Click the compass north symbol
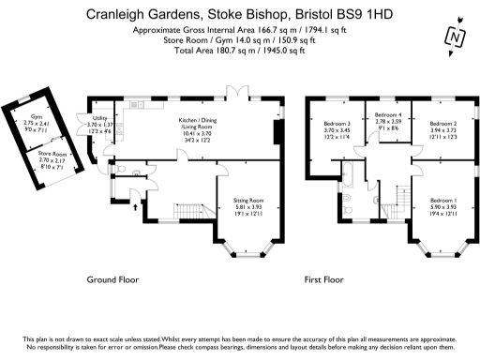click(x=457, y=37)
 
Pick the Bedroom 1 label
click(x=443, y=201)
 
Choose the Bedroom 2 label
click(x=442, y=124)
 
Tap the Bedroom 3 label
click(x=337, y=124)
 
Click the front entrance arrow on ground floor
click(x=135, y=202)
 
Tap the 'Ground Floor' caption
click(x=113, y=279)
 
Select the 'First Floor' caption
click(x=324, y=279)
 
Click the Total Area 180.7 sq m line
click(x=240, y=52)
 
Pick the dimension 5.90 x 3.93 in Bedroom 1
click(x=443, y=207)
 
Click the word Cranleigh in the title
click(x=118, y=14)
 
